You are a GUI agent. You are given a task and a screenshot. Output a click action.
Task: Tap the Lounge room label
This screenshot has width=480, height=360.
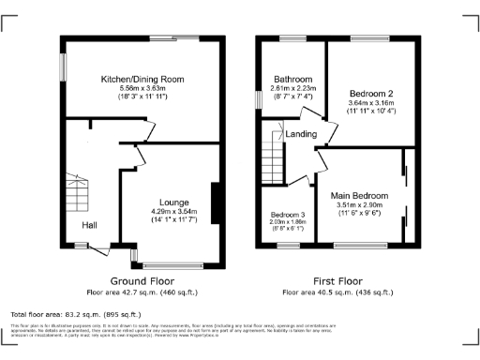(173, 202)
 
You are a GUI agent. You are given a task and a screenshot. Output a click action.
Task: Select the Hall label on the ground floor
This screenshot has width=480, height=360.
(89, 226)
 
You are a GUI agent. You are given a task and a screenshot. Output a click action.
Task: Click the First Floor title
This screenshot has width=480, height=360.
(336, 280)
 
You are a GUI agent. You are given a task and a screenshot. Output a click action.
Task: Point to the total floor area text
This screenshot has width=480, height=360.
(75, 314)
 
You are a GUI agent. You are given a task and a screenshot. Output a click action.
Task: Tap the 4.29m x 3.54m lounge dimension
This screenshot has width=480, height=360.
(173, 211)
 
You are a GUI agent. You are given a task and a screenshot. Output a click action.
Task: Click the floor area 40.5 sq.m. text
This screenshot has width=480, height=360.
(336, 292)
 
